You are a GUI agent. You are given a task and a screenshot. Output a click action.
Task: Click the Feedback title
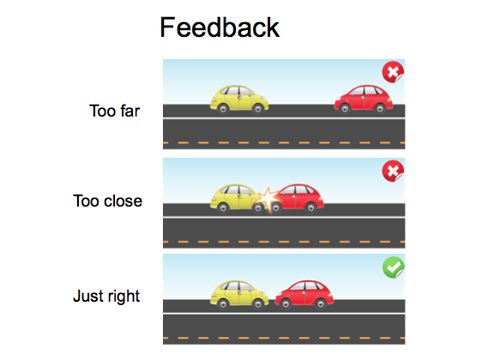[x=220, y=27]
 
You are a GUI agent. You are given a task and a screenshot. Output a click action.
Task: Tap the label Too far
[x=115, y=111]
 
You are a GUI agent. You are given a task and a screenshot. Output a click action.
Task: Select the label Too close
[x=107, y=201]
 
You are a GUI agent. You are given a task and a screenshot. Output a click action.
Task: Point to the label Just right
[x=106, y=297]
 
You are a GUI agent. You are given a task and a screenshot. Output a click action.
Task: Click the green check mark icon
[x=394, y=267]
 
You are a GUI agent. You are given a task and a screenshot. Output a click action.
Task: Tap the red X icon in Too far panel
[x=393, y=72]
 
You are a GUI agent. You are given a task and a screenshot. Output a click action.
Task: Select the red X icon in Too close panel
[x=393, y=171]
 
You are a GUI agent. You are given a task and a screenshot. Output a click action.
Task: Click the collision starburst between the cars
[x=268, y=200]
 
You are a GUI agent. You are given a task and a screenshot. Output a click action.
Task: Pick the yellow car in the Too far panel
[x=239, y=99]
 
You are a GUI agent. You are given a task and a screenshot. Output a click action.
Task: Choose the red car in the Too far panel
[x=364, y=99]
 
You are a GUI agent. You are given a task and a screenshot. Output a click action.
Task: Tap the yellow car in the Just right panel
[x=239, y=295]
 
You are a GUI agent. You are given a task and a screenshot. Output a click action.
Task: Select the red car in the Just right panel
[x=304, y=295]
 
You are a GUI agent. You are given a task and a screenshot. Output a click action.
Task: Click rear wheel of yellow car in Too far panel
[x=223, y=109]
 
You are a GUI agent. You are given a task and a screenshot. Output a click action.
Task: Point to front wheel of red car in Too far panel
[x=345, y=109]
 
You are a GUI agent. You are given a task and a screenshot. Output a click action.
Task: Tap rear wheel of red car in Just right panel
[x=321, y=303]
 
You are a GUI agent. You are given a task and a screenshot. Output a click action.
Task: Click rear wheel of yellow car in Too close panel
[x=223, y=207]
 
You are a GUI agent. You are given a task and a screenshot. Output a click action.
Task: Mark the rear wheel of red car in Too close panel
[x=310, y=207]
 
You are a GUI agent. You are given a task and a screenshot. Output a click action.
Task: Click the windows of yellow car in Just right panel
[x=238, y=286]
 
